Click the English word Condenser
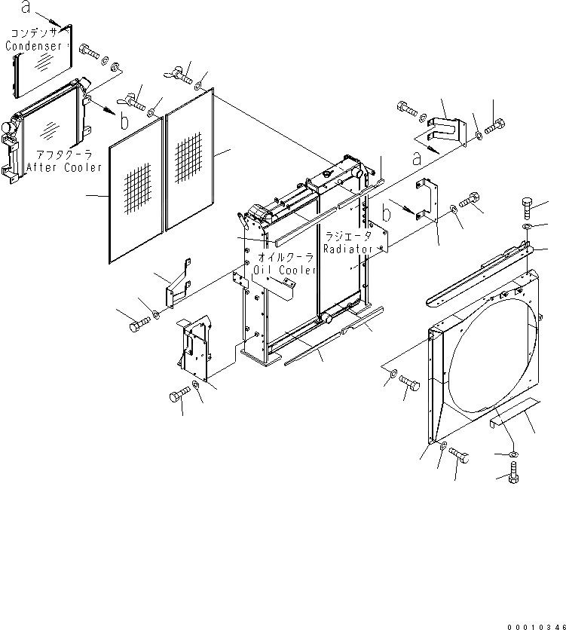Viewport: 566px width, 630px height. pos(33,46)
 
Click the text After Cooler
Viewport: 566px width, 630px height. pos(63,167)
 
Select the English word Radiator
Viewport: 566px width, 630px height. pos(349,249)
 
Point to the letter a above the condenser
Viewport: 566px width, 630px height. pos(26,8)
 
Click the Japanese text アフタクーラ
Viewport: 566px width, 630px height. pos(63,154)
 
